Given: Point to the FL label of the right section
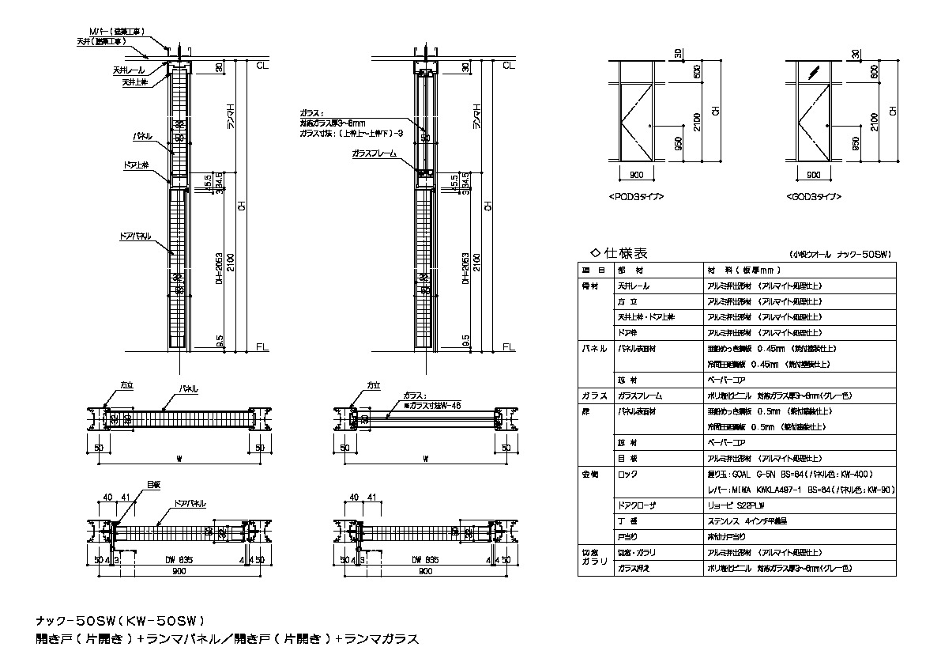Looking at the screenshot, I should click(508, 346).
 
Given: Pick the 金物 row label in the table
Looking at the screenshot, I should click(591, 475).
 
